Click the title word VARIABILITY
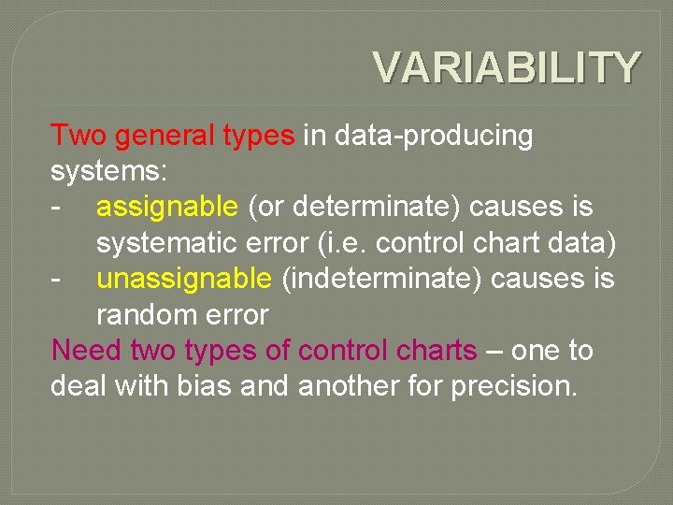click(507, 67)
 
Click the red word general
click(165, 137)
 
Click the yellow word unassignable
click(184, 280)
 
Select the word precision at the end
click(513, 386)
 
